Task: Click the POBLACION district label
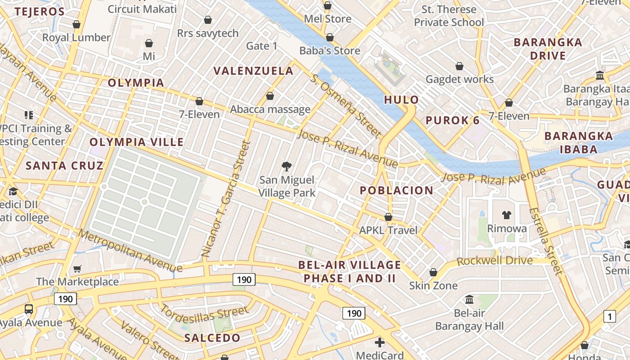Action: point(396,190)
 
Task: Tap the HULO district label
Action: point(401,100)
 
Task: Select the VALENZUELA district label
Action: point(253,71)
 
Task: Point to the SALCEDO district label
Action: point(212,338)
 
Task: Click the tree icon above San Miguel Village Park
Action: point(286,167)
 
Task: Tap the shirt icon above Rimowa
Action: point(507,215)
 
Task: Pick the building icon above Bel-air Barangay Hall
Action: point(469,299)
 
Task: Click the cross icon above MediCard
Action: point(380,342)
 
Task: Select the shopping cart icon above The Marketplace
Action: point(77,269)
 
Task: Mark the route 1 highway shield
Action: point(610,316)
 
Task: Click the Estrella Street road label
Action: point(546,241)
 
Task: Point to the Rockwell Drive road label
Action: point(495,261)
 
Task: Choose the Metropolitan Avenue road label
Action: point(130,251)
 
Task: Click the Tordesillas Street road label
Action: point(204,317)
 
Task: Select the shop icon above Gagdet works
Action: point(459,67)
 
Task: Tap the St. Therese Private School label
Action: point(449,16)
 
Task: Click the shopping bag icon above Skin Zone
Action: point(433,272)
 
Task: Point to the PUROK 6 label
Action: point(452,121)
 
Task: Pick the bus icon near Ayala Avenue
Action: point(29,309)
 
